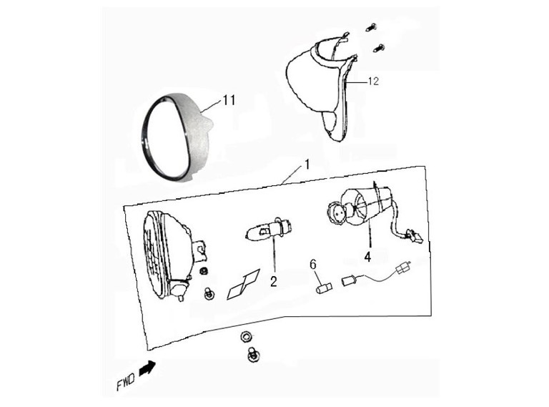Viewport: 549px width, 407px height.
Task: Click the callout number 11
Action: pos(229,101)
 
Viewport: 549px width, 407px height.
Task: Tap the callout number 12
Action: pos(374,82)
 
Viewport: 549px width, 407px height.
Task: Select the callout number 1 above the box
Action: pos(307,165)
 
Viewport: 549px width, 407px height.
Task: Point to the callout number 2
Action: pos(274,281)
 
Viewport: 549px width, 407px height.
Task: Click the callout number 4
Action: pos(367,257)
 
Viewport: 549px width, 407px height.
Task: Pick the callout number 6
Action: pos(313,265)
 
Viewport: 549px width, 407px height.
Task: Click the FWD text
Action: pos(125,380)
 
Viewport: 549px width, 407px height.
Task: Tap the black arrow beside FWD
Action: pos(147,368)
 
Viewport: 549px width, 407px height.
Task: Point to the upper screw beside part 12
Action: pos(372,27)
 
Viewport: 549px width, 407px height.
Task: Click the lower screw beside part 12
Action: pos(378,48)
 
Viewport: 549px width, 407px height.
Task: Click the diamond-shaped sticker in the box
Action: pos(244,285)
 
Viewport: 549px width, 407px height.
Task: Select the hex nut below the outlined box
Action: pos(246,338)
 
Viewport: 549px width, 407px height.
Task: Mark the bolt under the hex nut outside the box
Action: pos(252,355)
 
